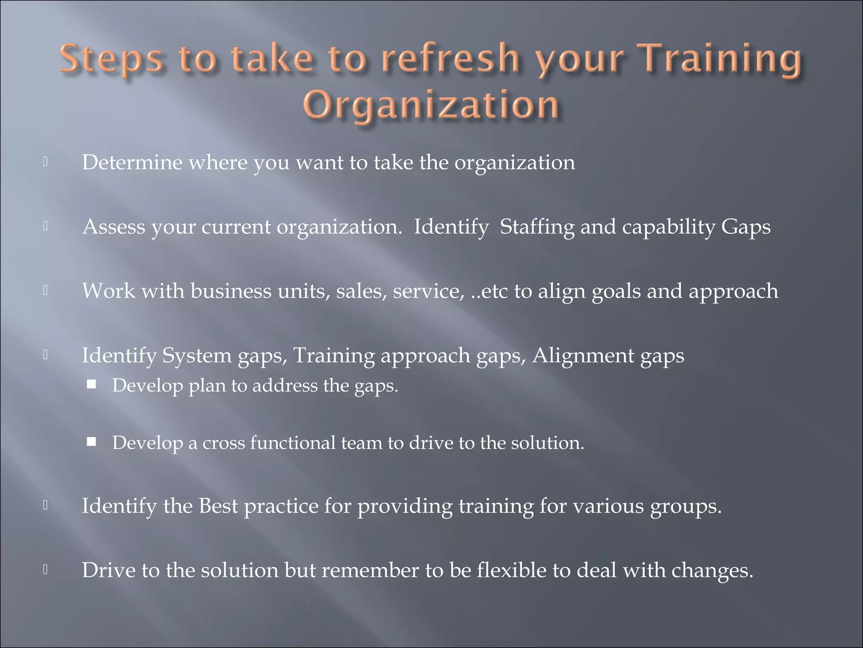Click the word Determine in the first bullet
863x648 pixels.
click(132, 162)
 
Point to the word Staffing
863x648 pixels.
click(537, 227)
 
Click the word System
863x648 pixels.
click(197, 356)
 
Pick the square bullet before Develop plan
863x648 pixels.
click(91, 384)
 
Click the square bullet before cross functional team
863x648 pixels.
click(91, 442)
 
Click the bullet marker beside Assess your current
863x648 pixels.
click(45, 226)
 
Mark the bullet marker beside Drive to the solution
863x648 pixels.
click(45, 570)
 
